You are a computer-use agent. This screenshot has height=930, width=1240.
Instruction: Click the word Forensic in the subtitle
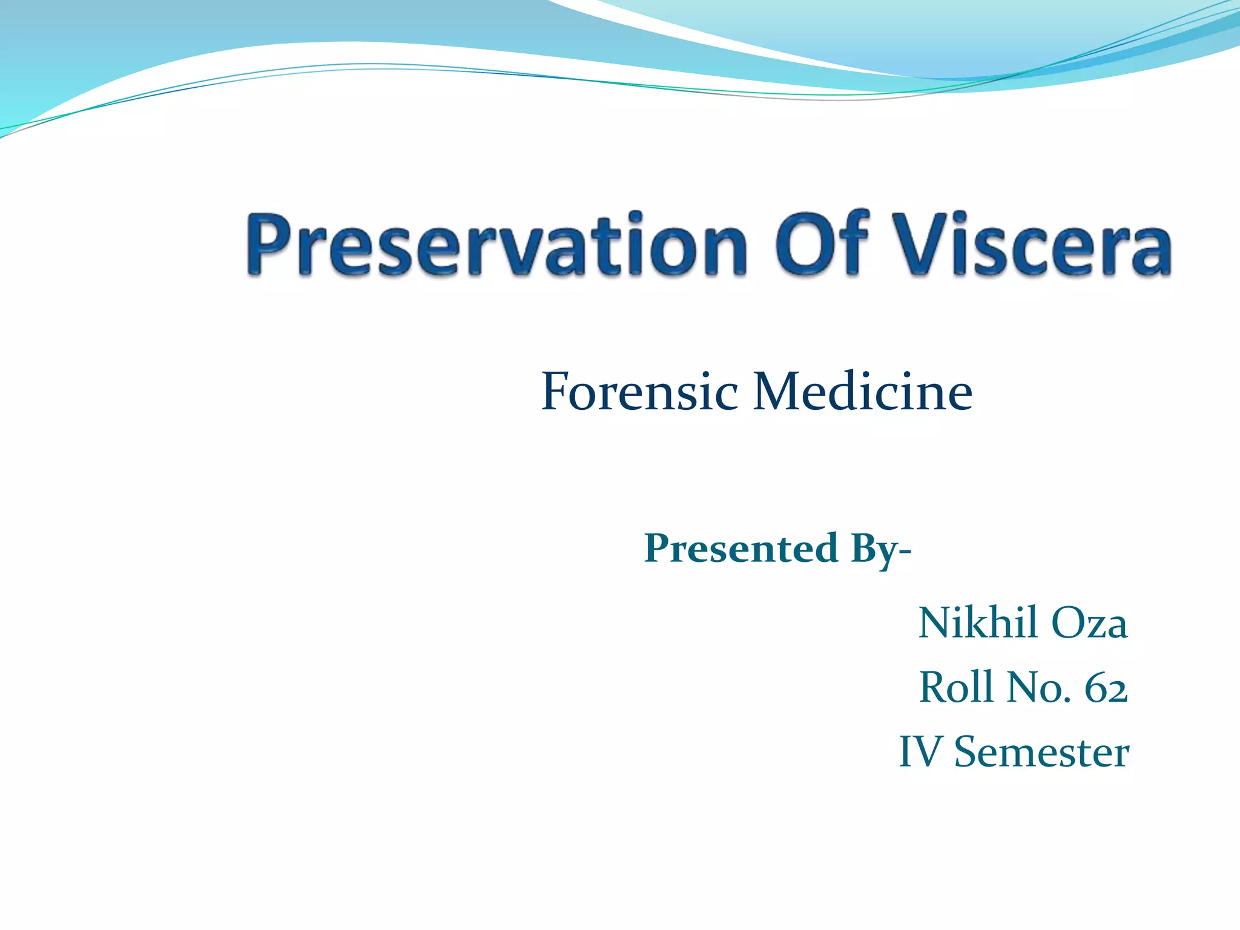(639, 392)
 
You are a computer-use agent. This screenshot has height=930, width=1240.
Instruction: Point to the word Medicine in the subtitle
(862, 392)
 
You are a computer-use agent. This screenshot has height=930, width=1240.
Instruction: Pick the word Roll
(956, 687)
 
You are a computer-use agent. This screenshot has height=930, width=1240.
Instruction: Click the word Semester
(1041, 752)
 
